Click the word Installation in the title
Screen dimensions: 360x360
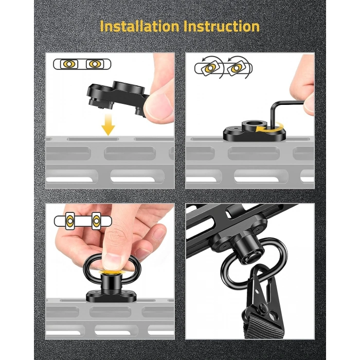pyautogui.click(x=139, y=26)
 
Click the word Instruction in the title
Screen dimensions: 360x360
pyautogui.click(x=221, y=26)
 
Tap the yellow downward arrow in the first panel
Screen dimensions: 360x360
pyautogui.click(x=108, y=124)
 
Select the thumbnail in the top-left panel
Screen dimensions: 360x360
pyautogui.click(x=159, y=106)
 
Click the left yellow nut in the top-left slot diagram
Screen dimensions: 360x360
pyautogui.click(x=69, y=64)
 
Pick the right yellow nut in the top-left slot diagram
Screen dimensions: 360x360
pyautogui.click(x=95, y=64)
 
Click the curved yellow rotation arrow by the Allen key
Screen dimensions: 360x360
pyautogui.click(x=271, y=128)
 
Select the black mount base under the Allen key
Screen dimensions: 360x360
pyautogui.click(x=255, y=132)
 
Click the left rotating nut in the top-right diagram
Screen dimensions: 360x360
pyautogui.click(x=210, y=68)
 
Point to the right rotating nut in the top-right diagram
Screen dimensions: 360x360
pyautogui.click(x=236, y=68)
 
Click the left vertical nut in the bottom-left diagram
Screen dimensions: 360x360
pyautogui.click(x=70, y=221)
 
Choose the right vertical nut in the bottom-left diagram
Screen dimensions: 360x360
pyautogui.click(x=96, y=221)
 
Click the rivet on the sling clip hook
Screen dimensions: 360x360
pyautogui.click(x=262, y=307)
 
